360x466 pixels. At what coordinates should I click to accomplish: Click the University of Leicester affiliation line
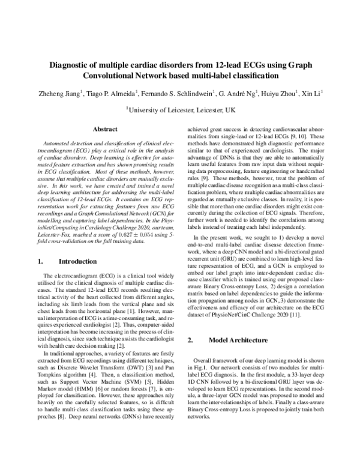tap(181, 110)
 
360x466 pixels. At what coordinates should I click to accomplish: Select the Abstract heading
tap(104, 129)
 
